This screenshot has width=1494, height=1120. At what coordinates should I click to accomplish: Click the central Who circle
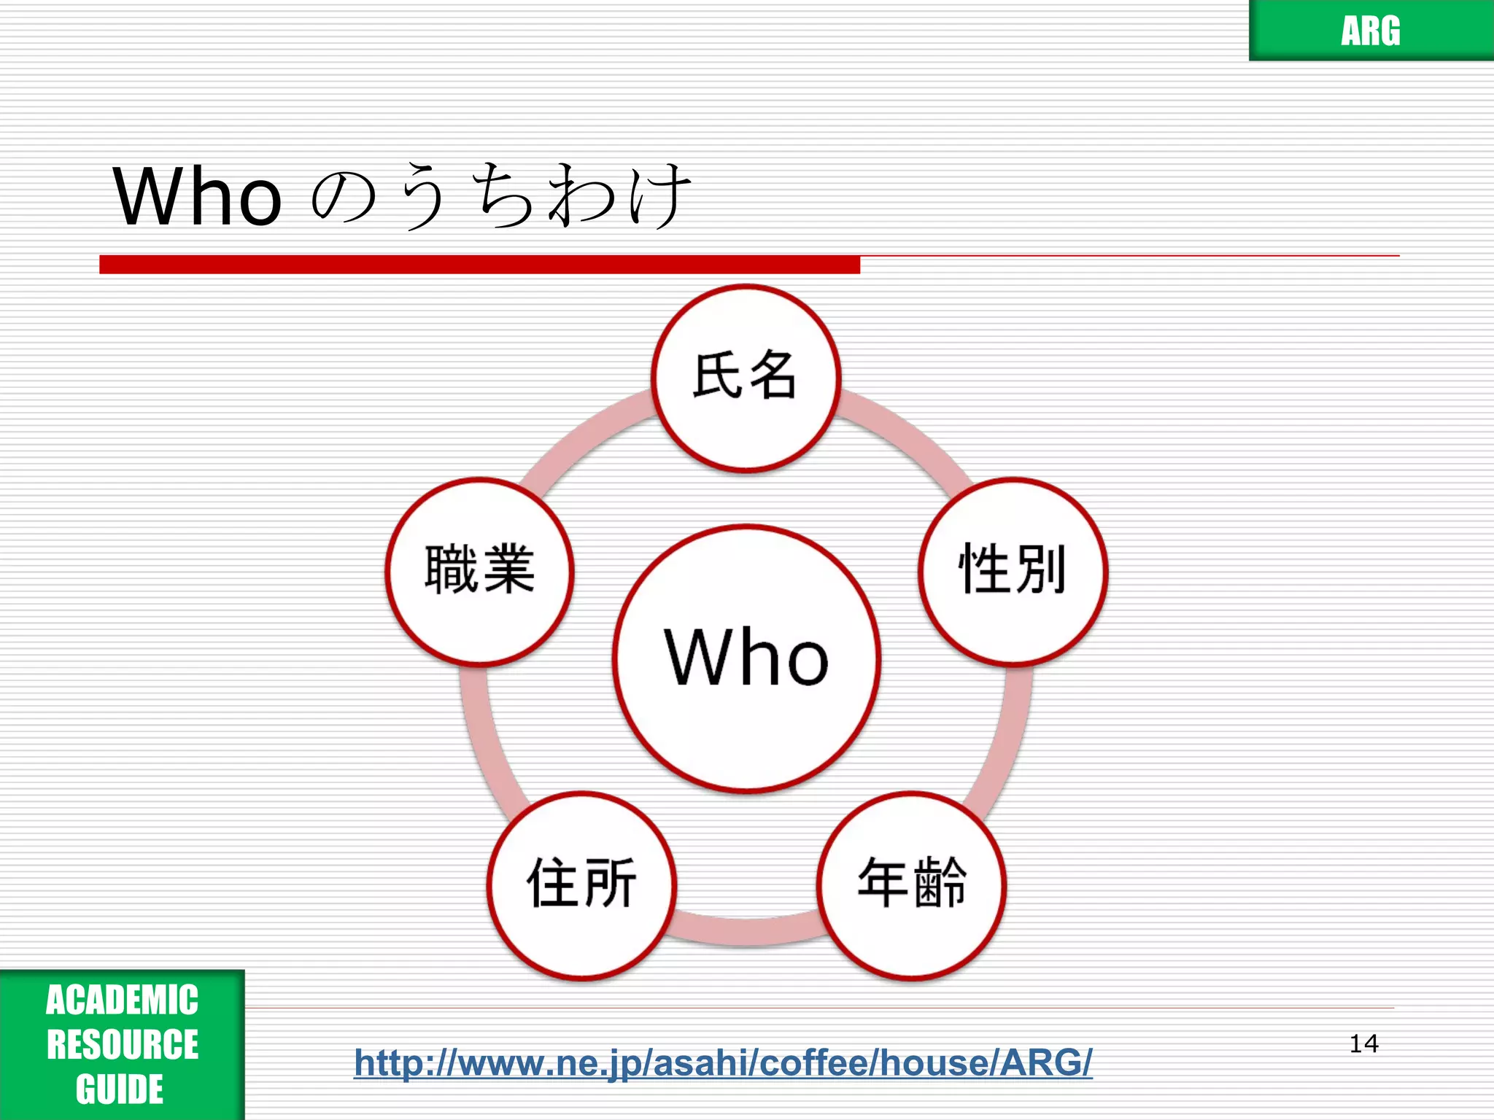746,658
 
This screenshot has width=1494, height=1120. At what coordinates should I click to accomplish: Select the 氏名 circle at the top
746,378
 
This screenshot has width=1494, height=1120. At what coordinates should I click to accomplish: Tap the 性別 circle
1013,571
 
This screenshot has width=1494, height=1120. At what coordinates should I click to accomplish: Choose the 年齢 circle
911,884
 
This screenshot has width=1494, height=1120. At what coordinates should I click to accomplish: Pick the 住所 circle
581,884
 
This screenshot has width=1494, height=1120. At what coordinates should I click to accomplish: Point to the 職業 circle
479,571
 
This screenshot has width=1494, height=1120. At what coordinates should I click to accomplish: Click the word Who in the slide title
197,195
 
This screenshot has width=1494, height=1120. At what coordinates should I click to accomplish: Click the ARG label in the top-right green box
1370,31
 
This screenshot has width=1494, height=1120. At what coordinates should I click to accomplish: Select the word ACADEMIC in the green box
122,1000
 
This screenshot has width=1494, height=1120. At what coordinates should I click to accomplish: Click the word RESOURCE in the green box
122,1044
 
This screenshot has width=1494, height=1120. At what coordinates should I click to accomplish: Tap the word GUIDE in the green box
120,1089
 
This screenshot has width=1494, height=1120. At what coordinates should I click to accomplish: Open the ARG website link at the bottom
723,1062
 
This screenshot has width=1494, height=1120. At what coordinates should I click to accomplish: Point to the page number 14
1363,1043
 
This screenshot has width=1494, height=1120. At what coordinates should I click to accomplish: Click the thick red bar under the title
479,264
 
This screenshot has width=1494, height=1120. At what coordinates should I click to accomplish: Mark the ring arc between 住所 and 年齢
746,931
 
